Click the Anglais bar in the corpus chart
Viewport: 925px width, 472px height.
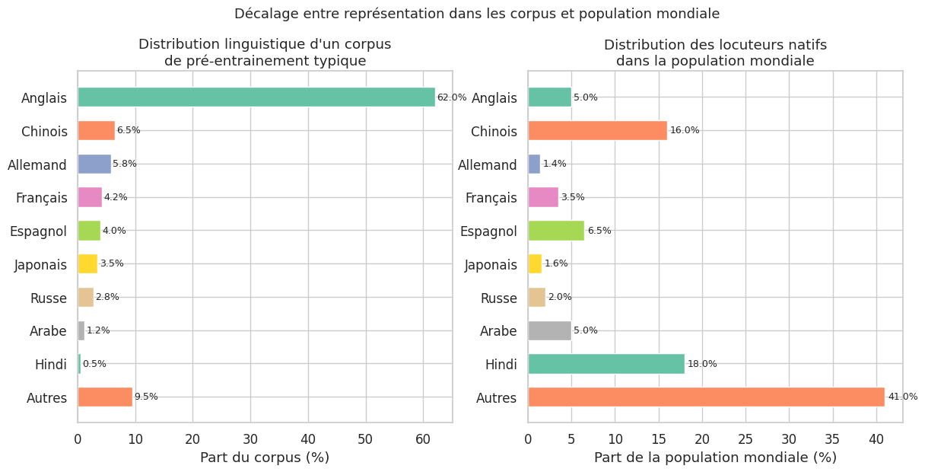pos(256,97)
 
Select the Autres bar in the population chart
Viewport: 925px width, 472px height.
pos(706,397)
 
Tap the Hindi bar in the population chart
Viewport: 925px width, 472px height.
pos(606,364)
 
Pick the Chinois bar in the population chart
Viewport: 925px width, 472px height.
pos(597,130)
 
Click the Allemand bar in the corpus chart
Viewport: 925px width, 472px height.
pos(94,164)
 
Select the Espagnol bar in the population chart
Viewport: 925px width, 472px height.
pos(556,231)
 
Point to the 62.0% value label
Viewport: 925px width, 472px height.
pos(452,97)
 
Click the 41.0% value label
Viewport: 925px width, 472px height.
pos(902,397)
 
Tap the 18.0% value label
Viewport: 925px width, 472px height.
pos(702,364)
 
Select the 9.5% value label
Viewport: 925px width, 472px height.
pos(146,397)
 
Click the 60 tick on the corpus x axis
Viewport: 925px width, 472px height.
pos(424,439)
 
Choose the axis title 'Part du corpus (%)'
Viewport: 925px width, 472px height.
pos(265,458)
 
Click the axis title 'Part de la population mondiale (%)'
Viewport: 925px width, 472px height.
pos(715,458)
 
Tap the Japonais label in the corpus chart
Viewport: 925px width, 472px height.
pos(41,264)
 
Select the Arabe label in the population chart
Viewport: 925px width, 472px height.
pos(498,330)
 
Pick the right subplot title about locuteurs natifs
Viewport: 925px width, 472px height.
pos(715,53)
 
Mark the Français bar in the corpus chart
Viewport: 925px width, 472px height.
pos(90,197)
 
